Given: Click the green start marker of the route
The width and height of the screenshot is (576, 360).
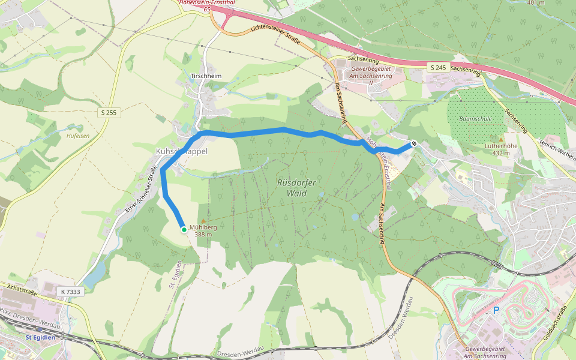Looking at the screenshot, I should pos(184,229).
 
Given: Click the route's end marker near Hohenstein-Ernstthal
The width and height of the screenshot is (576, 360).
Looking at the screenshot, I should pos(414,143).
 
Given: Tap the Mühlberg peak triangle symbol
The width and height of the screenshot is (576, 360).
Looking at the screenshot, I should pos(203,221).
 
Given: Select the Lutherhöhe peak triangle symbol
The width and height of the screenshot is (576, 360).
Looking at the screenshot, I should pos(501,139).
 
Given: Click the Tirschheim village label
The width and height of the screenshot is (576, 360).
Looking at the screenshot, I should pos(206,77).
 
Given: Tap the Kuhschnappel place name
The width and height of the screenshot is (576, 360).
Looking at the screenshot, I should pos(181,151).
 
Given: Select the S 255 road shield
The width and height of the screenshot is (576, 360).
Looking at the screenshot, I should pos(109,112).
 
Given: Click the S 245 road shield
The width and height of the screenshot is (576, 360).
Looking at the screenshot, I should pos(437,68).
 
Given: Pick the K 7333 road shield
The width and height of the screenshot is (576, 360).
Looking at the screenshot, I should pos(70,291).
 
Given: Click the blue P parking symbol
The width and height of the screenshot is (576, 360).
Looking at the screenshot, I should pos(496,310).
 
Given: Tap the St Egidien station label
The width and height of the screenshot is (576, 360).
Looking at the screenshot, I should pos(40,338).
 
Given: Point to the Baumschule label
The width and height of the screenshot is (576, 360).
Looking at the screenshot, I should pos(475,119).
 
